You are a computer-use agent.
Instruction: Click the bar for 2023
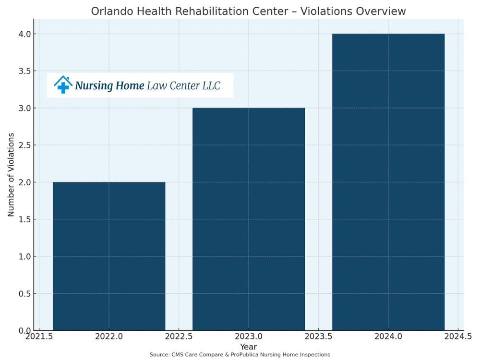(x=249, y=219)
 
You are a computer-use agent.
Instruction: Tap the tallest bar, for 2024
(x=388, y=182)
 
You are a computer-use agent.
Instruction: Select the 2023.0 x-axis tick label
(x=249, y=337)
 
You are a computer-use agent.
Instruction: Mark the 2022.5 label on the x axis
(x=179, y=337)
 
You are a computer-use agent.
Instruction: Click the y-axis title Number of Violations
(x=11, y=175)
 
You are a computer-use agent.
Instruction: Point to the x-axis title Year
(x=249, y=347)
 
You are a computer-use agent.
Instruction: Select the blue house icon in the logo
(x=63, y=84)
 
